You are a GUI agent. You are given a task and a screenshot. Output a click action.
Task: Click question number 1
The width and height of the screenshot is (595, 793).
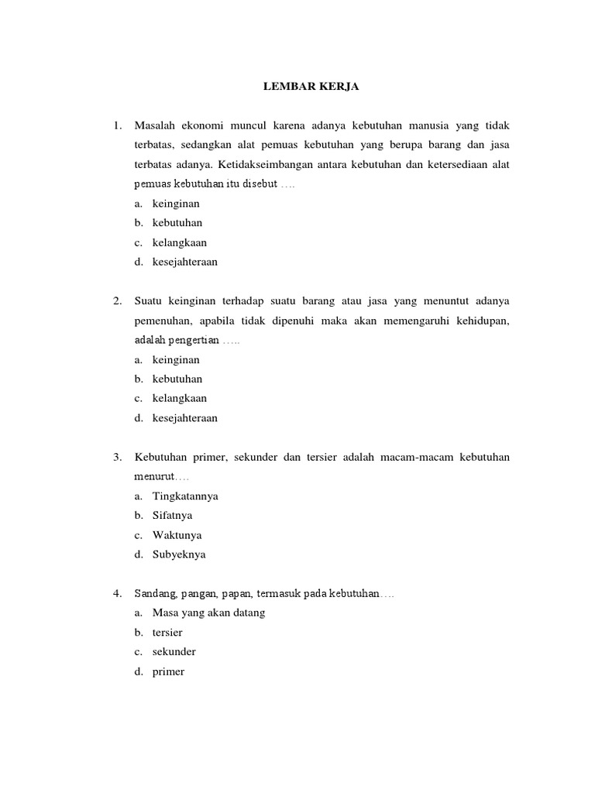117,125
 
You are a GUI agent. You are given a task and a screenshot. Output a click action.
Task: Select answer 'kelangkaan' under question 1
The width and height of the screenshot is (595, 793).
180,242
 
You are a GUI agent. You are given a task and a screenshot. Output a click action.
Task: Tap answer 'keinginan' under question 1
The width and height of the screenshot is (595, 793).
176,204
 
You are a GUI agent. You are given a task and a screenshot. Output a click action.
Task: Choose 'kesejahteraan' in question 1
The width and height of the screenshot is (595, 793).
185,262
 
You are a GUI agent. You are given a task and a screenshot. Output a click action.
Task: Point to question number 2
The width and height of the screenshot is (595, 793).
117,300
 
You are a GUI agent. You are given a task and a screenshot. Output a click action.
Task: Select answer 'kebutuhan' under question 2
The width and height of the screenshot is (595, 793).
177,379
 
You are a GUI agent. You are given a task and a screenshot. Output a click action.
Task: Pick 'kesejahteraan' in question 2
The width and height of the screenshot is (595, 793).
185,418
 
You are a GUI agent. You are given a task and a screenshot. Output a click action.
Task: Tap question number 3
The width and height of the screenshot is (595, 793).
117,457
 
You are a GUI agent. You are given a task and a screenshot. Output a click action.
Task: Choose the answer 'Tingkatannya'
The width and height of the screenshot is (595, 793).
185,496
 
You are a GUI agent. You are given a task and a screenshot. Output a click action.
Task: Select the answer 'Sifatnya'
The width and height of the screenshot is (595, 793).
173,515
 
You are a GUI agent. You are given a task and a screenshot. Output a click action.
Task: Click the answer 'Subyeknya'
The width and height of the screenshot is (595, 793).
179,554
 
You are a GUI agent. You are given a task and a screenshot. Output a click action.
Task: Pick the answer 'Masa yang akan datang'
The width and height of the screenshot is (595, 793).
209,613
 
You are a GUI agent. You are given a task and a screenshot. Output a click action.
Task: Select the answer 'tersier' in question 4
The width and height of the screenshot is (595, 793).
167,633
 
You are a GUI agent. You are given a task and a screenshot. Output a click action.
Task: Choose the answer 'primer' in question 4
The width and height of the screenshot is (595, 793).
168,671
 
